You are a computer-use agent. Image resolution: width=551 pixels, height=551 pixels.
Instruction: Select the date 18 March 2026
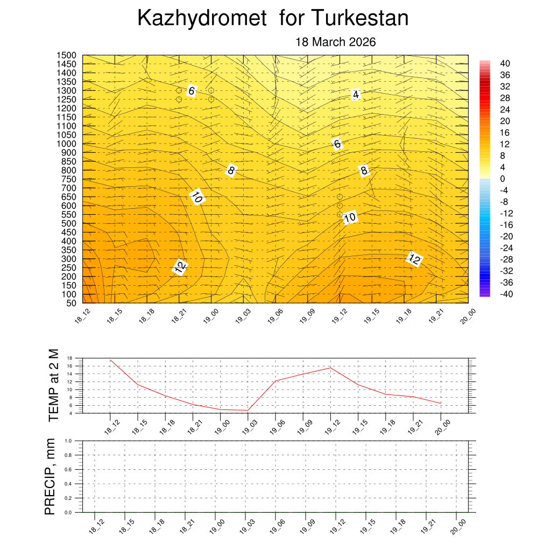point(335,42)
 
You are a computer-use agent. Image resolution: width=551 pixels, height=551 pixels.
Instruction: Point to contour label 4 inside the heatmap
point(356,95)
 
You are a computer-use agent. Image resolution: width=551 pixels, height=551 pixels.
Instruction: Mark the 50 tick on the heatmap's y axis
point(70,303)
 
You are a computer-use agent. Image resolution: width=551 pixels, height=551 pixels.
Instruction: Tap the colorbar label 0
point(503,179)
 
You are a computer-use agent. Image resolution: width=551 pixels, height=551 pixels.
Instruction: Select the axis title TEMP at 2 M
point(53,385)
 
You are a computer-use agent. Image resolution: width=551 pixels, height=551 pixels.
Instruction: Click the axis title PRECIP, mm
point(50,476)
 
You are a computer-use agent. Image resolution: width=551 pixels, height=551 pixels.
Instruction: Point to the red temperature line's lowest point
point(248,411)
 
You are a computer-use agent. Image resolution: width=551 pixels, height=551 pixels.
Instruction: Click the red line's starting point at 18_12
point(110,360)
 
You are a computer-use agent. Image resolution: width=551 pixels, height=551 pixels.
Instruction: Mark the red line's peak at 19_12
point(330,368)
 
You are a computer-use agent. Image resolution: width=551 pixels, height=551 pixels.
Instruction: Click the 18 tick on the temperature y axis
point(70,358)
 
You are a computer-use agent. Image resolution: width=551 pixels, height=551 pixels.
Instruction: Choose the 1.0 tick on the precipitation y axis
point(68,441)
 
